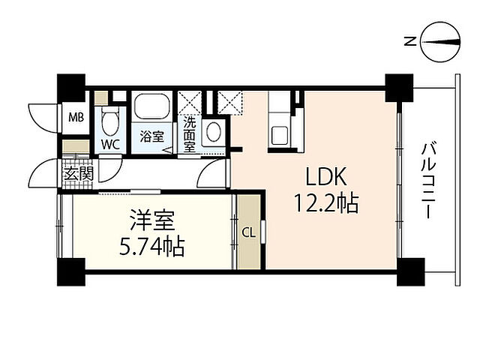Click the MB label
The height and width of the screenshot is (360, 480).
tap(76, 118)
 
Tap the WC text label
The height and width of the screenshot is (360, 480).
tap(110, 145)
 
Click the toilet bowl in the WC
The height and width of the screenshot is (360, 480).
tap(110, 121)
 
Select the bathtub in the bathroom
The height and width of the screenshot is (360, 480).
tap(152, 106)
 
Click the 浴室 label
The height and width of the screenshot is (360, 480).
tap(152, 136)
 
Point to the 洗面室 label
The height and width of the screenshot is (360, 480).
tap(190, 135)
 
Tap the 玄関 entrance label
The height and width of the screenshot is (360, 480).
tap(78, 174)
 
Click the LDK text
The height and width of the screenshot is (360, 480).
tap(326, 177)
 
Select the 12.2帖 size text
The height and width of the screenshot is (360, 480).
tap(326, 203)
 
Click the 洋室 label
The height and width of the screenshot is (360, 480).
tap(152, 220)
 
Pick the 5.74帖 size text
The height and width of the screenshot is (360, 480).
tap(152, 247)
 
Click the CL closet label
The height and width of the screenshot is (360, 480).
tap(248, 233)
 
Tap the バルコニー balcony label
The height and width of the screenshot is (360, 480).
tap(428, 180)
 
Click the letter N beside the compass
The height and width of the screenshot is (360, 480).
tap(410, 41)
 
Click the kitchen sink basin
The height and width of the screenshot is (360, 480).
tap(280, 135)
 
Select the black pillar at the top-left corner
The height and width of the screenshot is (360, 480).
tap(71, 88)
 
